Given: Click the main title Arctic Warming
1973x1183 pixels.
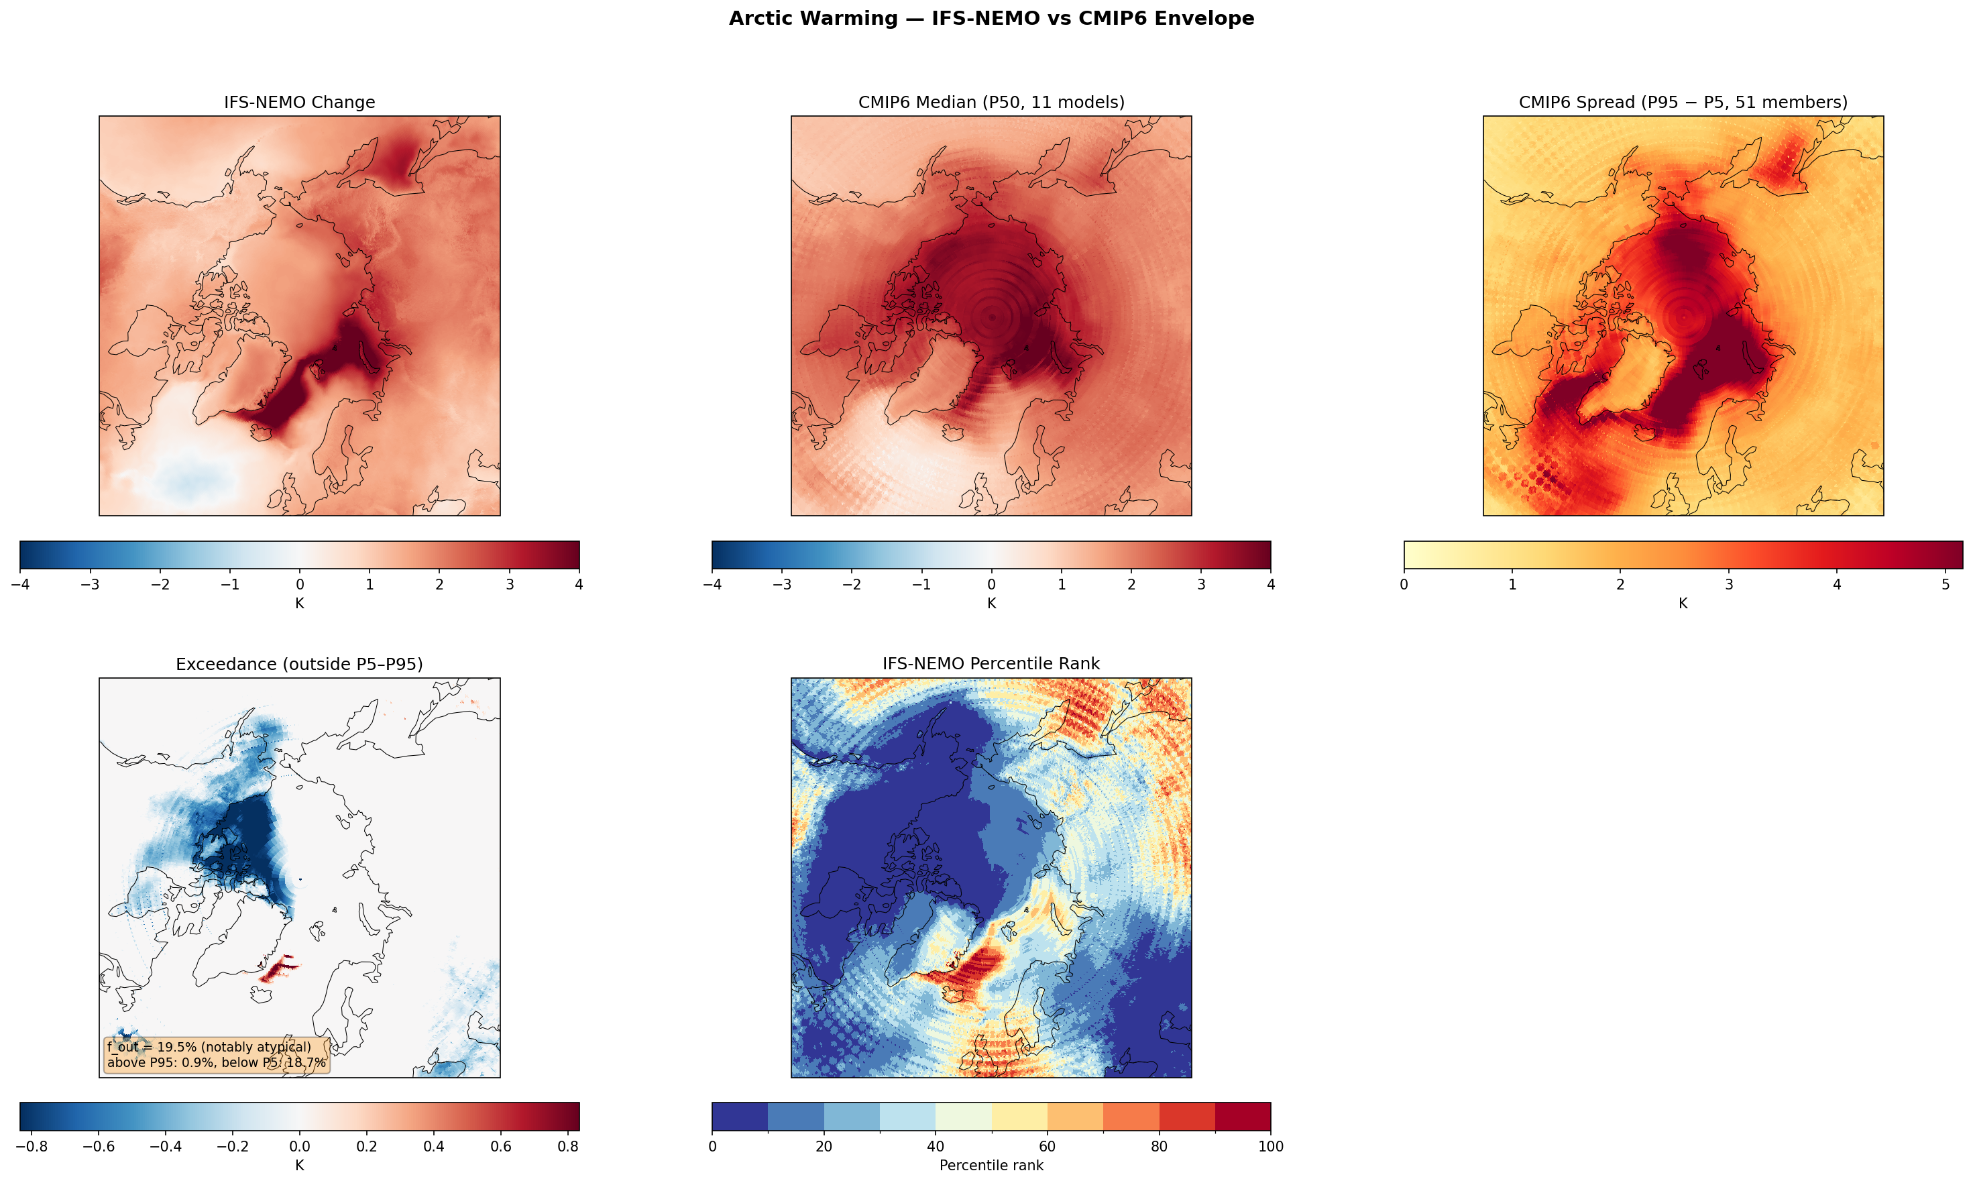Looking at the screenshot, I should (x=991, y=18).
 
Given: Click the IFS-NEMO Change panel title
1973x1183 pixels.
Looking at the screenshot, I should (x=299, y=102).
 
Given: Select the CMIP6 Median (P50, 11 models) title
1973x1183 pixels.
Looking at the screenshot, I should (x=991, y=102).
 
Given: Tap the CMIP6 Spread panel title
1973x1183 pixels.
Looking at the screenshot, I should (x=1683, y=102).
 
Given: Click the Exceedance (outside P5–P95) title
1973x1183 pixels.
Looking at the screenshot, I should (x=299, y=664).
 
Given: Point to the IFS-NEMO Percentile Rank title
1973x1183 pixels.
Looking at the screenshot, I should (x=991, y=664).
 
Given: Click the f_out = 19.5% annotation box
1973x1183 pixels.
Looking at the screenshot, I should (x=216, y=1054).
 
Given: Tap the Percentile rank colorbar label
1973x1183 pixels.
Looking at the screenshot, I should (x=991, y=1166).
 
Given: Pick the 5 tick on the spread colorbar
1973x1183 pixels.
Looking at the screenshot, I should (x=1945, y=585).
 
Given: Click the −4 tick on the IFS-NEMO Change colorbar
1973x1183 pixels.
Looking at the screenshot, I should (x=20, y=585).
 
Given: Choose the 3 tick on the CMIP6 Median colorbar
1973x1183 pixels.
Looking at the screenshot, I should (x=1200, y=585).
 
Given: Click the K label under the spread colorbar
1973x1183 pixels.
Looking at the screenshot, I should (x=1683, y=604).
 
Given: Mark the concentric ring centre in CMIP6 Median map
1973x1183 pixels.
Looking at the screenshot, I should (x=992, y=317).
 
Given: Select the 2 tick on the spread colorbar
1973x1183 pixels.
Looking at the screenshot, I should (x=1620, y=585).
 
